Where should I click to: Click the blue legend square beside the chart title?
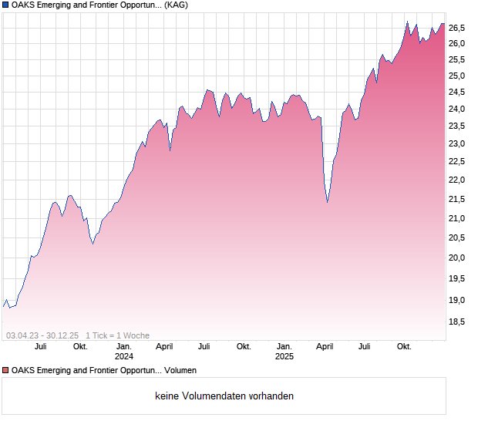pyautogui.click(x=6, y=5)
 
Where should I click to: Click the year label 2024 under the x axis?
pyautogui.click(x=123, y=356)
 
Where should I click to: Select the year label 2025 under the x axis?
pyautogui.click(x=284, y=356)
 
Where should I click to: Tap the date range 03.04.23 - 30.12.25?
pyautogui.click(x=42, y=335)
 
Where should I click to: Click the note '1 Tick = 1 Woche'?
pyautogui.click(x=117, y=335)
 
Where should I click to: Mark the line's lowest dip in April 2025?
pyautogui.click(x=327, y=202)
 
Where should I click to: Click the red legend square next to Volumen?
pyautogui.click(x=6, y=369)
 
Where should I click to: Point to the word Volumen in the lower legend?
pyautogui.click(x=180, y=369)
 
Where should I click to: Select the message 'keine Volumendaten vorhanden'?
pyautogui.click(x=224, y=396)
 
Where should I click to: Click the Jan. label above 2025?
pyautogui.click(x=284, y=346)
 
